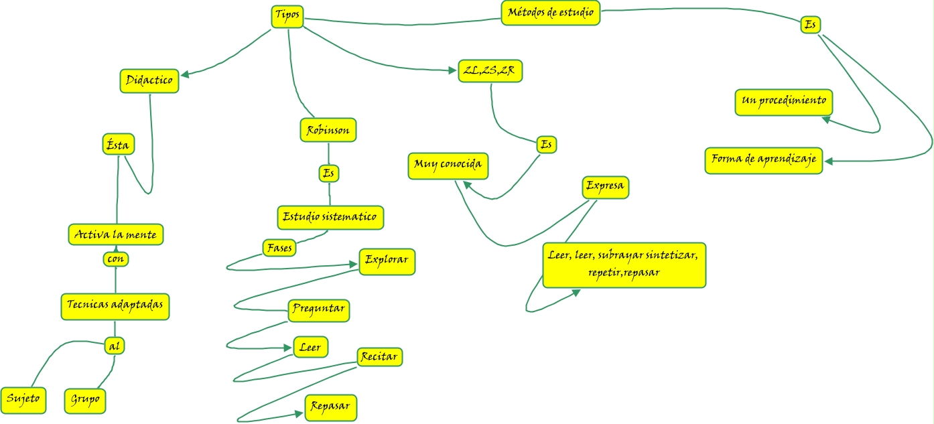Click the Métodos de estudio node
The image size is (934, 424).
tap(550, 13)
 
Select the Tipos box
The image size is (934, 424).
tap(287, 16)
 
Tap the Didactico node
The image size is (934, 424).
tap(149, 80)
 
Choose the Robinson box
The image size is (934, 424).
tap(328, 130)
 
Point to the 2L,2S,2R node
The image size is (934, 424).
tap(490, 70)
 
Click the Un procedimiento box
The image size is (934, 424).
tap(784, 102)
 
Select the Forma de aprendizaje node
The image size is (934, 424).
tap(764, 160)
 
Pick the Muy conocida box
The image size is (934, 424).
tap(448, 165)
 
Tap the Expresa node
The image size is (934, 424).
tap(606, 187)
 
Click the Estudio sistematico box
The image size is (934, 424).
tap(330, 217)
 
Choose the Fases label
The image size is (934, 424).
tap(279, 247)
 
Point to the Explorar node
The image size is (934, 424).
tap(387, 261)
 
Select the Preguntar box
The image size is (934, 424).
tap(320, 310)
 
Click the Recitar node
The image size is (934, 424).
tap(379, 357)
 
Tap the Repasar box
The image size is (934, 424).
tap(331, 407)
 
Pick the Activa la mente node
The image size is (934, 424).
tap(116, 235)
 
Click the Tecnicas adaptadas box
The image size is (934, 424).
tap(115, 306)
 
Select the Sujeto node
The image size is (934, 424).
tap(23, 400)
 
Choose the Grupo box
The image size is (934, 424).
tap(86, 400)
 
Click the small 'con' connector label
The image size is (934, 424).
tap(116, 259)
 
